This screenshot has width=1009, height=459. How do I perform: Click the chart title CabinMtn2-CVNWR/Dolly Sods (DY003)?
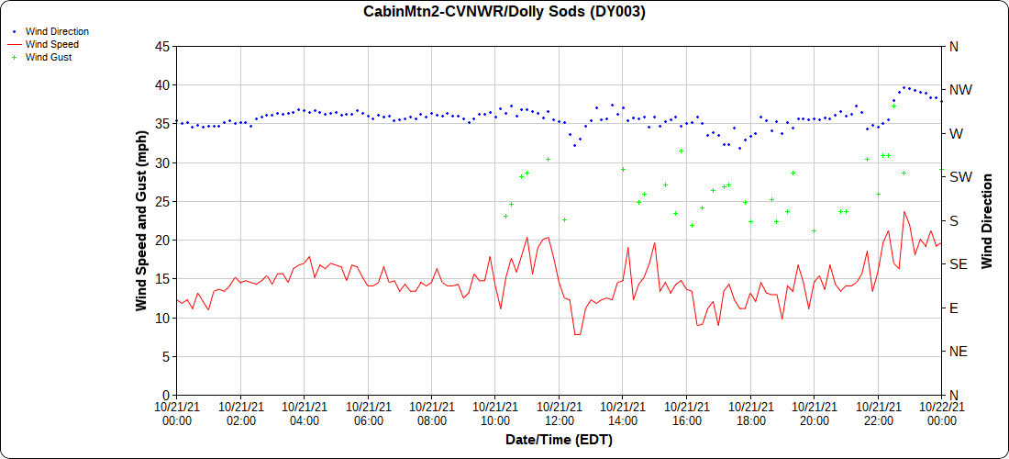click(504, 12)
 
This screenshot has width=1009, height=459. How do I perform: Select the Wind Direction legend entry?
click(57, 31)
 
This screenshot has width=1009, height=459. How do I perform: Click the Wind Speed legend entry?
click(52, 44)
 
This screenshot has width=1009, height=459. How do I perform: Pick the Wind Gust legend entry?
click(49, 57)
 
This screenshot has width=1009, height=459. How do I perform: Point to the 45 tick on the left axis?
click(161, 46)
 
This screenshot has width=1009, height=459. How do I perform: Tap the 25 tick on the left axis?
click(161, 201)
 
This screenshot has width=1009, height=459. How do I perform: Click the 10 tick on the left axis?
click(161, 318)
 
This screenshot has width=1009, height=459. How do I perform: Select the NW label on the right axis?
click(959, 90)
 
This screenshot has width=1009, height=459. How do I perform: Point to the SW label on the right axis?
click(959, 177)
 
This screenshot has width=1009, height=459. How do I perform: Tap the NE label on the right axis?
click(956, 352)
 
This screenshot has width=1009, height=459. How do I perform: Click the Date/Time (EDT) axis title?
click(559, 440)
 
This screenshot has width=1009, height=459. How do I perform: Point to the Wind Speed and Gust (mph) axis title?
click(141, 220)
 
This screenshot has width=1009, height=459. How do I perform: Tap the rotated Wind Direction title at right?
click(987, 220)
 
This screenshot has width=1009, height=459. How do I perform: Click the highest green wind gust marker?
click(893, 106)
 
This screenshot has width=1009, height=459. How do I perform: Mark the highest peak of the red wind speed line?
click(904, 212)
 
